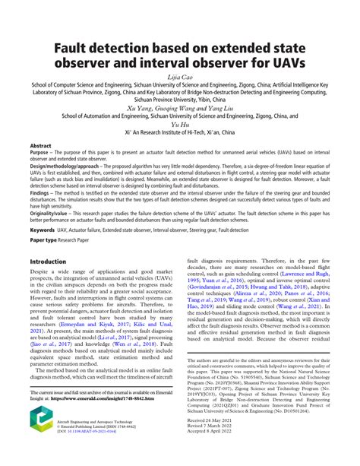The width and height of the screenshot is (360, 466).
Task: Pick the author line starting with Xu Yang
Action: pos(179,108)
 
